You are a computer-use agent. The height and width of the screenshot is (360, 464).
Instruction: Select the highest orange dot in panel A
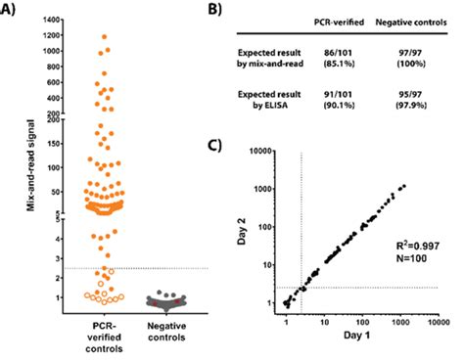click(x=103, y=36)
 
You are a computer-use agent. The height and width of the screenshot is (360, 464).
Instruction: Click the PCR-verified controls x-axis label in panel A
click(x=102, y=338)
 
